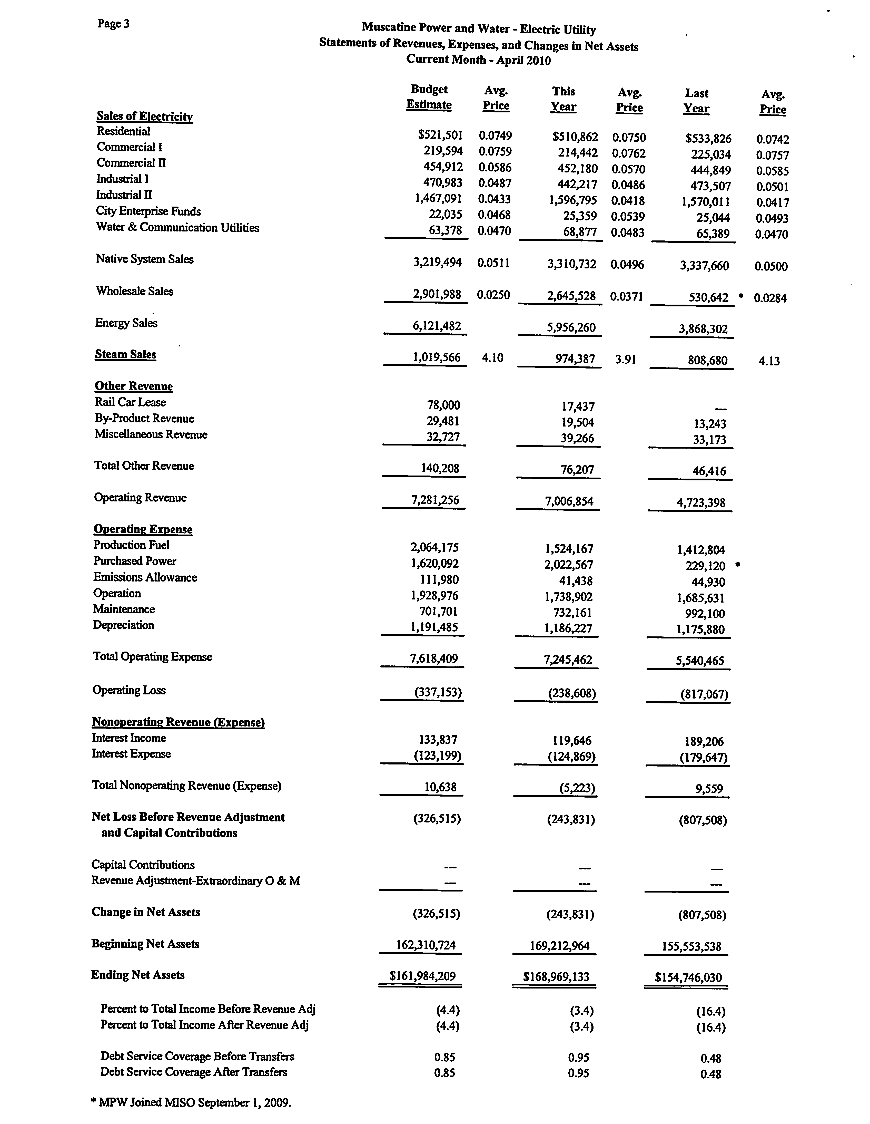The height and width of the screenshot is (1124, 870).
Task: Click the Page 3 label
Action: click(x=113, y=24)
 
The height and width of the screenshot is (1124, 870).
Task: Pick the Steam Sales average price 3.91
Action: click(x=626, y=359)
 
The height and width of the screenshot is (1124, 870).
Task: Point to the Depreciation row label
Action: click(x=123, y=625)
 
